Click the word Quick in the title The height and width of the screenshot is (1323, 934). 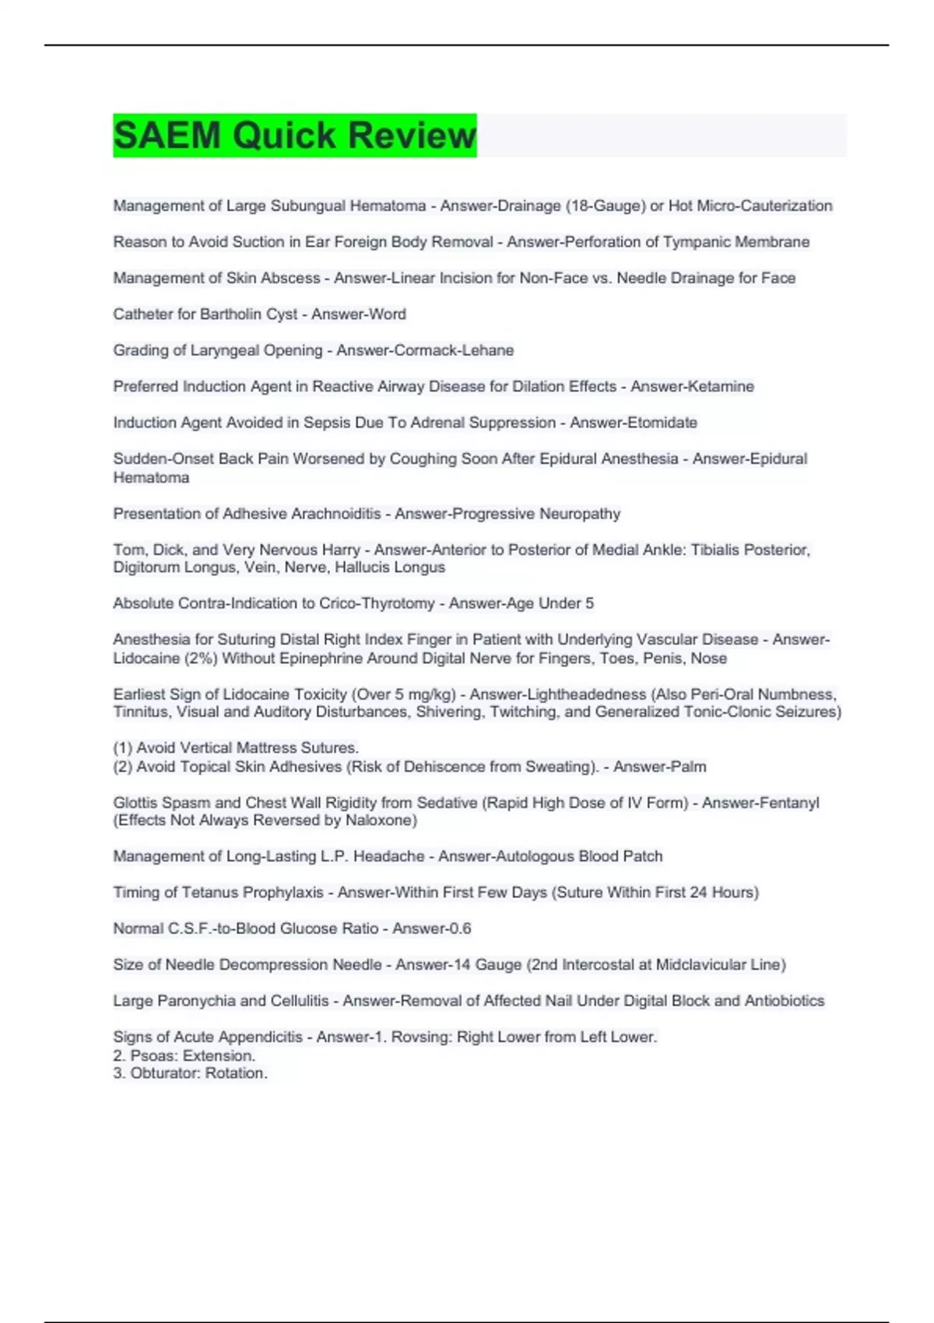[285, 135]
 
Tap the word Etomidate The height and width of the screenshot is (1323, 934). [663, 423]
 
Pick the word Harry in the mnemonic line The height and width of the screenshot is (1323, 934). [339, 550]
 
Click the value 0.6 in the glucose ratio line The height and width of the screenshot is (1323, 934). [459, 928]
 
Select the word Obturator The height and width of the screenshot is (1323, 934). [164, 1073]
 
